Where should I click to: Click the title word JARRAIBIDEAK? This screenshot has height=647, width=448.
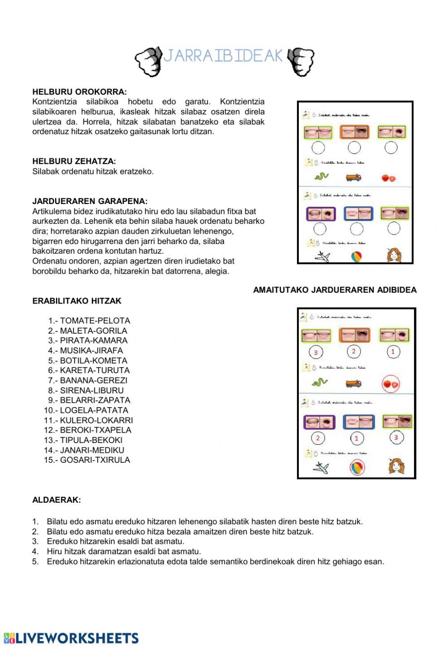tap(223, 56)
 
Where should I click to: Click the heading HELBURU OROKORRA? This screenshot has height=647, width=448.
tap(79, 92)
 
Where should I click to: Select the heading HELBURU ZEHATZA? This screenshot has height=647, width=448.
tap(74, 161)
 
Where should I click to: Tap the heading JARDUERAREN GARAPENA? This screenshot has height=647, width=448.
tap(90, 201)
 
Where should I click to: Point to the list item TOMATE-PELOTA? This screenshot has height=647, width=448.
tap(95, 321)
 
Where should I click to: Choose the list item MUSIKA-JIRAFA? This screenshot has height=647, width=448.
tap(91, 351)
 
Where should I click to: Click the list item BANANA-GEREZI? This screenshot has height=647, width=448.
tap(94, 380)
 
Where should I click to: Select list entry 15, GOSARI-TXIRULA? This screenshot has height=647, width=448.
tap(95, 460)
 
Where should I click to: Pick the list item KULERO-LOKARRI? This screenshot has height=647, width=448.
tap(96, 420)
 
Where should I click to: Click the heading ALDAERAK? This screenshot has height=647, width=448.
tap(56, 500)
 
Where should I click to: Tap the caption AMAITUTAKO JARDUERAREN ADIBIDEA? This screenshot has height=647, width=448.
tap(335, 290)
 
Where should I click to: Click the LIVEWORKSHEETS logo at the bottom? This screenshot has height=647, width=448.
tap(71, 638)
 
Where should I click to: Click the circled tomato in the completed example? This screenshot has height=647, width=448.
tap(390, 384)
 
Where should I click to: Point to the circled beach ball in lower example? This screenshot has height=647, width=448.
tap(357, 467)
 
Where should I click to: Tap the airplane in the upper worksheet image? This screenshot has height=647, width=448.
tap(323, 256)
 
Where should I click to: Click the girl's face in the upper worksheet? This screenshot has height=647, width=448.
tap(394, 255)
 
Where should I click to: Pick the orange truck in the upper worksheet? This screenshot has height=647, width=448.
tap(353, 178)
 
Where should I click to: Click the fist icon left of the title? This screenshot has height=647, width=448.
tap(149, 61)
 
